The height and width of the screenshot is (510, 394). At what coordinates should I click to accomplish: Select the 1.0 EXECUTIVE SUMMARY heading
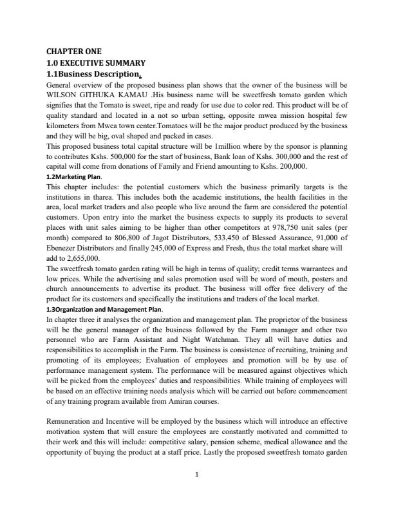[96, 62]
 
